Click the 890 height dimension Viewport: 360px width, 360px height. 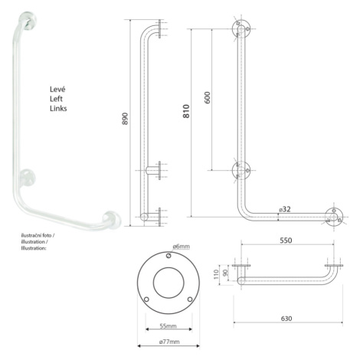click(x=125, y=119)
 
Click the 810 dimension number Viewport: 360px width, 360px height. click(x=186, y=111)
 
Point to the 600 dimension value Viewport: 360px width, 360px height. click(x=208, y=97)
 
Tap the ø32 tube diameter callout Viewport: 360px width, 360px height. click(x=285, y=209)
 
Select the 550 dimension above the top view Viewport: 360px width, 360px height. click(x=286, y=241)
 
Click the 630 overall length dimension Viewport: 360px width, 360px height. click(x=286, y=319)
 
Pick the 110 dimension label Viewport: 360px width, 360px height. click(x=217, y=274)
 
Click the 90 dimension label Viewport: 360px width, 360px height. click(x=225, y=273)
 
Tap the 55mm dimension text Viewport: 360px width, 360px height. click(x=168, y=326)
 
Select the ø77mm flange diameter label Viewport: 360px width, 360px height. click(x=169, y=342)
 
